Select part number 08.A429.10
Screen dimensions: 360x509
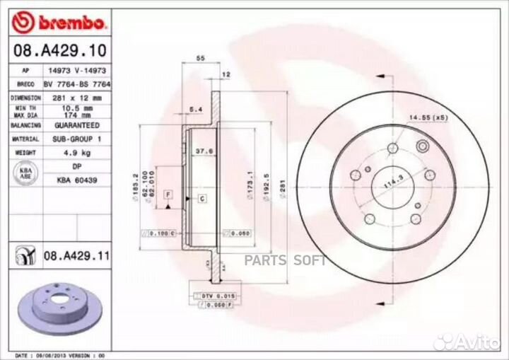49,51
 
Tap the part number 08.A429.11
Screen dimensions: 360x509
76,255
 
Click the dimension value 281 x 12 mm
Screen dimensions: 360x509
77,98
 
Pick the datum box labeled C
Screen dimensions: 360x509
201,199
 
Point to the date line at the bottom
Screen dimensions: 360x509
61,354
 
